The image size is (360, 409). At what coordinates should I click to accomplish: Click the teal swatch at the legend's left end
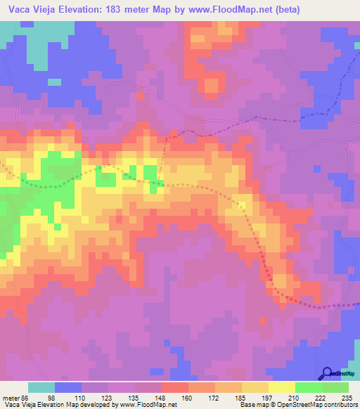click(x=41, y=387)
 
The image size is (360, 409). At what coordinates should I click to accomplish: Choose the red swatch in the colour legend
click(x=174, y=387)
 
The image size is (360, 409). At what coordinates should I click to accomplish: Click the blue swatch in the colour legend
click(x=68, y=387)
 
